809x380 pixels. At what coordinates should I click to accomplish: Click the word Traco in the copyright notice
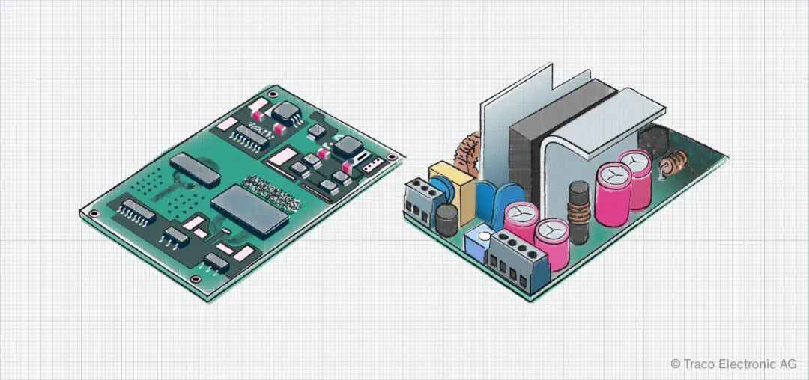click(x=697, y=364)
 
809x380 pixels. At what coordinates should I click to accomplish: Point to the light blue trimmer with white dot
click(x=479, y=242)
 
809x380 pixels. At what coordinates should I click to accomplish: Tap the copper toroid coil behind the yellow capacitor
click(x=469, y=153)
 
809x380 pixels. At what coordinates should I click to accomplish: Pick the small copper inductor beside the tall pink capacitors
click(x=672, y=164)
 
